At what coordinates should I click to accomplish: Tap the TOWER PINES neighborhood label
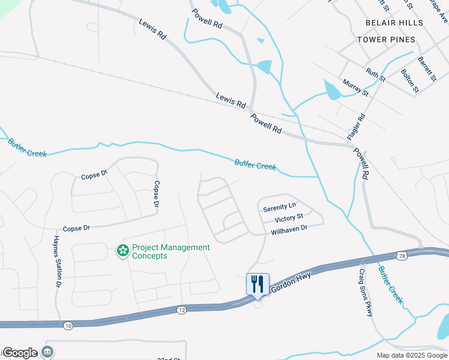(x=386, y=40)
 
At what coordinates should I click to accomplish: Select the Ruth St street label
(x=376, y=75)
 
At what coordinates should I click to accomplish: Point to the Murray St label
(x=355, y=87)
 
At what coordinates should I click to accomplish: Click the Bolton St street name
(x=409, y=81)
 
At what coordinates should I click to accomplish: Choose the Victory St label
(x=289, y=217)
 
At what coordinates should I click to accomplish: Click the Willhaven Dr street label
(x=289, y=229)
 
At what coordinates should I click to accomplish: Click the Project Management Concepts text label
(x=171, y=251)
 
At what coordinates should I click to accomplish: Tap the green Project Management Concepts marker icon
(x=122, y=251)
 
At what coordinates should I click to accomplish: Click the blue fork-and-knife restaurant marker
(x=258, y=284)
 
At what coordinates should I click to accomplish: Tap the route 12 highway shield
(x=182, y=310)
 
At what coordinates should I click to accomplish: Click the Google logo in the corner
(x=20, y=353)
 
